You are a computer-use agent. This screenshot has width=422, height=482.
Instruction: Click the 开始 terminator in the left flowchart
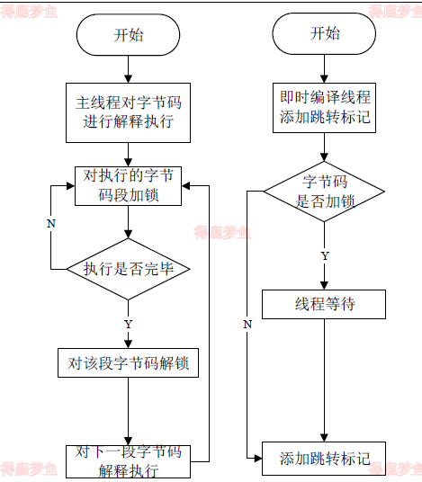click(x=128, y=36)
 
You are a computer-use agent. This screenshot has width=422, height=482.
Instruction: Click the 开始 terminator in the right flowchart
click(x=324, y=34)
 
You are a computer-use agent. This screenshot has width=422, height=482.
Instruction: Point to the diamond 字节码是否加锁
click(x=324, y=192)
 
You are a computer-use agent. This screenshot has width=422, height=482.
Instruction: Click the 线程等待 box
click(x=324, y=304)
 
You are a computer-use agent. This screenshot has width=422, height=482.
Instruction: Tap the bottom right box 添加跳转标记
click(x=324, y=458)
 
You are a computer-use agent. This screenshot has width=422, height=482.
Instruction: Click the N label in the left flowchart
click(x=51, y=222)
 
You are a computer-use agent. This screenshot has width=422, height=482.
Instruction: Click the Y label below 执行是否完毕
click(x=128, y=323)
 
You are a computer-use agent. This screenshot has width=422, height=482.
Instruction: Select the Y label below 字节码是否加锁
click(x=325, y=255)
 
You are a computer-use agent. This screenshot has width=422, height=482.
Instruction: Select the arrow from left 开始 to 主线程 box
click(x=128, y=69)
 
